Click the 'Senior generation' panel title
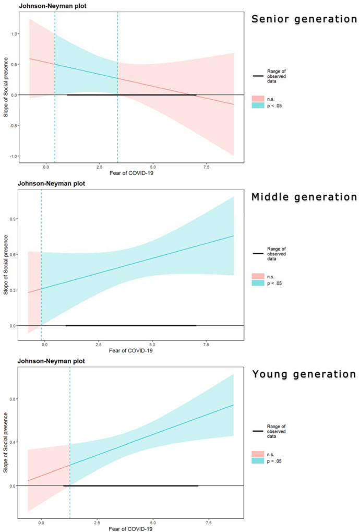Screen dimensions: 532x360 (x=304, y=19)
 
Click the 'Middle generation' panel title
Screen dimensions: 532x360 (x=304, y=197)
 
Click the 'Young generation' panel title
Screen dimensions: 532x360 (x=304, y=374)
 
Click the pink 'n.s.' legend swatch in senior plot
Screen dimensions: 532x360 (x=258, y=98)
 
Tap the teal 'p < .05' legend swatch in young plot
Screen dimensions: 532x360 (x=258, y=461)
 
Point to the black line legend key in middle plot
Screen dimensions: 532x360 (x=258, y=253)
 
